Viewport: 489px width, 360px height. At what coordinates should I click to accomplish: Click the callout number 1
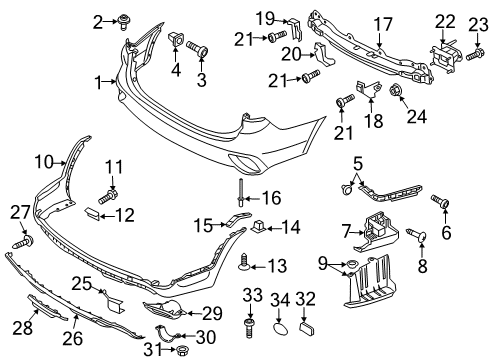pyautogui.click(x=98, y=85)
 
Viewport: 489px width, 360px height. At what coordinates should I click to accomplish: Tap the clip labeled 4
pyautogui.click(x=177, y=41)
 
